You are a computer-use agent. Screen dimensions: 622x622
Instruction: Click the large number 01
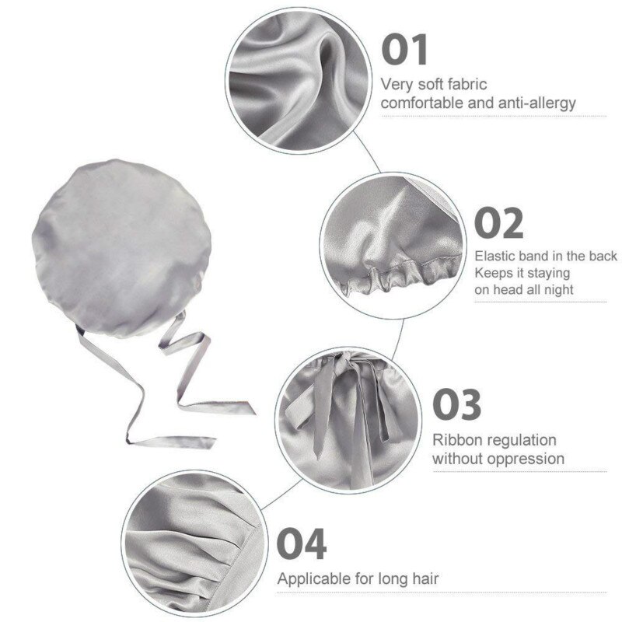[x=404, y=50]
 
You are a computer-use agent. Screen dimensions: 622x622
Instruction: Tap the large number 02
[x=498, y=223]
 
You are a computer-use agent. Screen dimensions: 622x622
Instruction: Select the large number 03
[x=456, y=404]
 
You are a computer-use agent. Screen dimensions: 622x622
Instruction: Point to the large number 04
[x=302, y=543]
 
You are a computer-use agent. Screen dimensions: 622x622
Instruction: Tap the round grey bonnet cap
[x=121, y=248]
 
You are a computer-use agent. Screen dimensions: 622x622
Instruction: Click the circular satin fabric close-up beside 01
[x=299, y=81]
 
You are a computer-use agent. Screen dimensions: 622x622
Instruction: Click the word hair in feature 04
[x=425, y=578]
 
